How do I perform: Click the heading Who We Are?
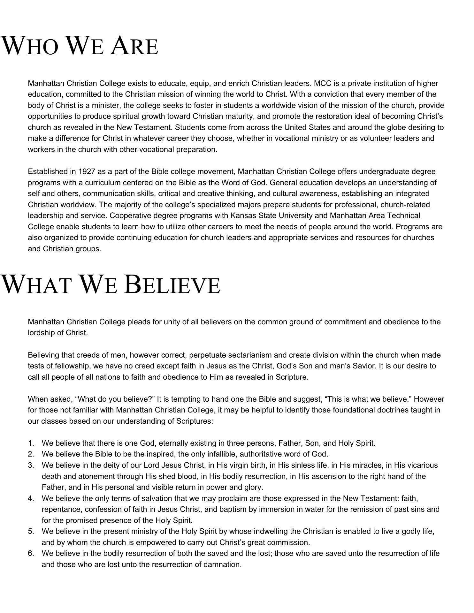pyautogui.click(x=80, y=46)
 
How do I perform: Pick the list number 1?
pyautogui.click(x=31, y=443)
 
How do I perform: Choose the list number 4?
pyautogui.click(x=31, y=498)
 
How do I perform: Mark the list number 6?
pyautogui.click(x=31, y=553)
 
